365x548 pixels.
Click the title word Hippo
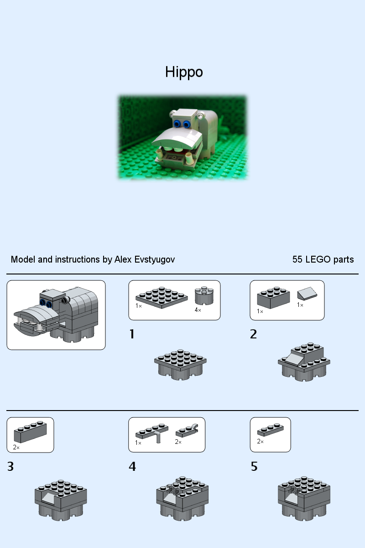tap(184, 72)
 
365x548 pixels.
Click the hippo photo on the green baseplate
tap(182, 137)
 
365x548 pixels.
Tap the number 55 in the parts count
tap(297, 259)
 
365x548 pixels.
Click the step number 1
tap(132, 334)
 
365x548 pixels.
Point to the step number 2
tap(254, 334)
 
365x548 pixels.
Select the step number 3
tap(11, 467)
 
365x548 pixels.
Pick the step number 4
tap(132, 467)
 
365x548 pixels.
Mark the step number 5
tap(254, 467)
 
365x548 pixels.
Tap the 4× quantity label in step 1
tap(198, 310)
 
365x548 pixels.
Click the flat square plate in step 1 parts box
tap(162, 297)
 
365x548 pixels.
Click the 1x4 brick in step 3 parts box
tap(30, 432)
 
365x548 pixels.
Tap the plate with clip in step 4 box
tap(187, 431)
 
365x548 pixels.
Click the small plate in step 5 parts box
tap(270, 430)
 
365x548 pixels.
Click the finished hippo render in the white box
tap(56, 315)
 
